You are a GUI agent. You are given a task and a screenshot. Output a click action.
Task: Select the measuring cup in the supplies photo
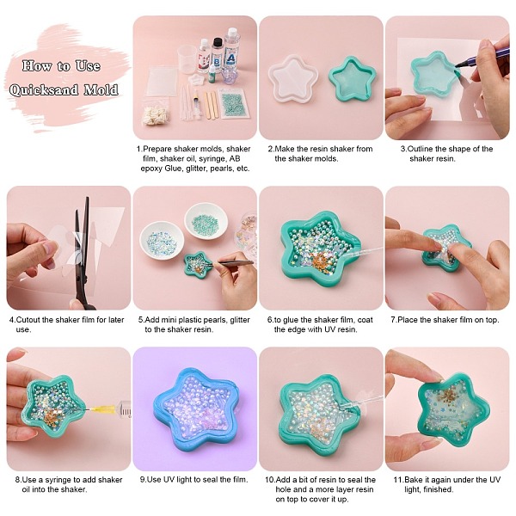click(x=187, y=59)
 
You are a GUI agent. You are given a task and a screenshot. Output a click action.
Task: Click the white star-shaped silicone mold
click(x=292, y=79)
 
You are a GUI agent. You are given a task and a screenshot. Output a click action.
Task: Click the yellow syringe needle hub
click(x=99, y=409)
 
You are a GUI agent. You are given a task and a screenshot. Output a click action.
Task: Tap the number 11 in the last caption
click(x=398, y=480)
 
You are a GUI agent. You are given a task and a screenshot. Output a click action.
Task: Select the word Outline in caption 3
click(x=421, y=149)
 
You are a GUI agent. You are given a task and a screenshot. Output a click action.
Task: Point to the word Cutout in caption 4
click(x=28, y=320)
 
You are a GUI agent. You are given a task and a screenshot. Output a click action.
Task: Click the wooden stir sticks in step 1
click(x=211, y=105)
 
